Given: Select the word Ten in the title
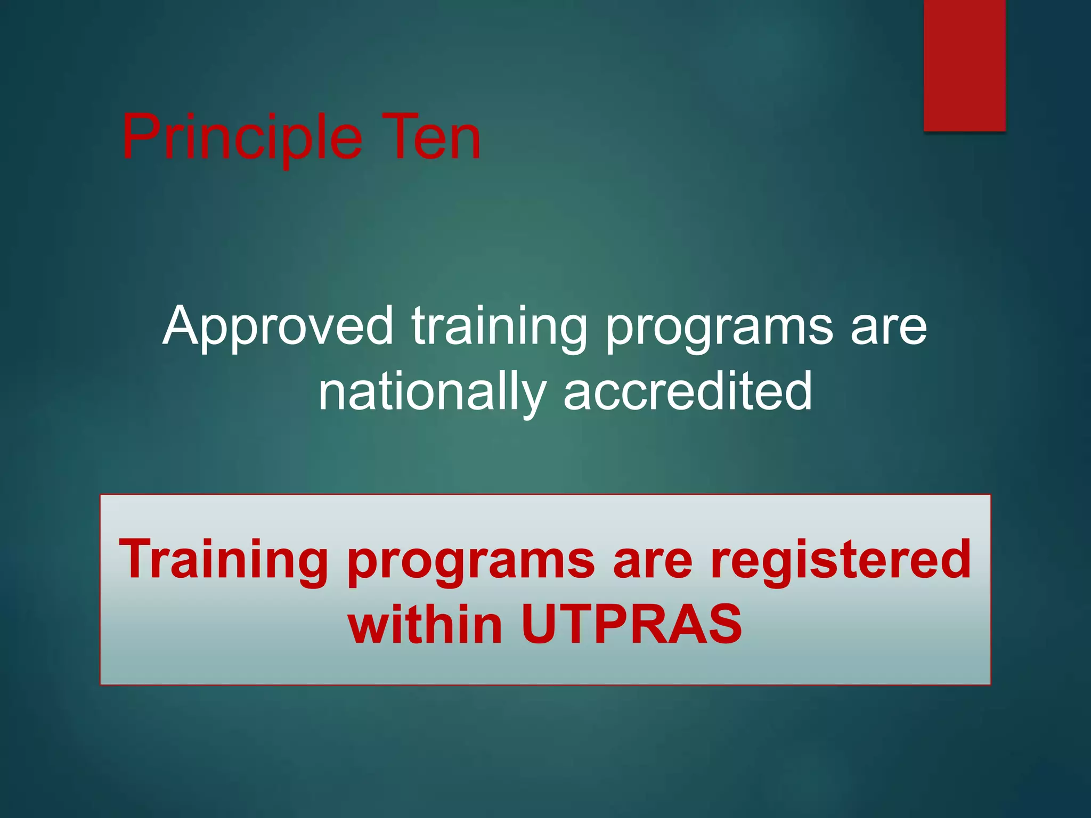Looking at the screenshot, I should [x=431, y=137].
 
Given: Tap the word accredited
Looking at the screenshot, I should [x=687, y=391].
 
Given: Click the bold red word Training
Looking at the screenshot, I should [x=224, y=559].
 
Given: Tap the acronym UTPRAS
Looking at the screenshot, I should [x=632, y=624].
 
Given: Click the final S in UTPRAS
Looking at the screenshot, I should [x=724, y=624].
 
